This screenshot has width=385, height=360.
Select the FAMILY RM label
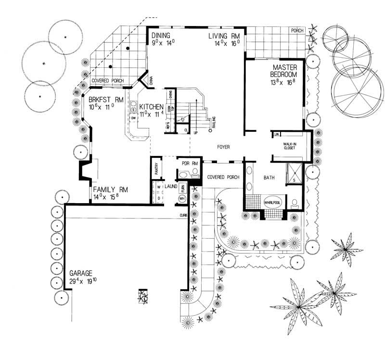click(x=110, y=189)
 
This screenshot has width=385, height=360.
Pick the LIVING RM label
click(x=224, y=37)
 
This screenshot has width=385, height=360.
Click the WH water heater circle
click(x=182, y=198)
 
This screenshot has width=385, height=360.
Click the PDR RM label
click(x=190, y=163)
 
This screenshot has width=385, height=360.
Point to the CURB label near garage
click(x=183, y=215)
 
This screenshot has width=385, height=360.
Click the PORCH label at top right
click(x=297, y=30)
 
